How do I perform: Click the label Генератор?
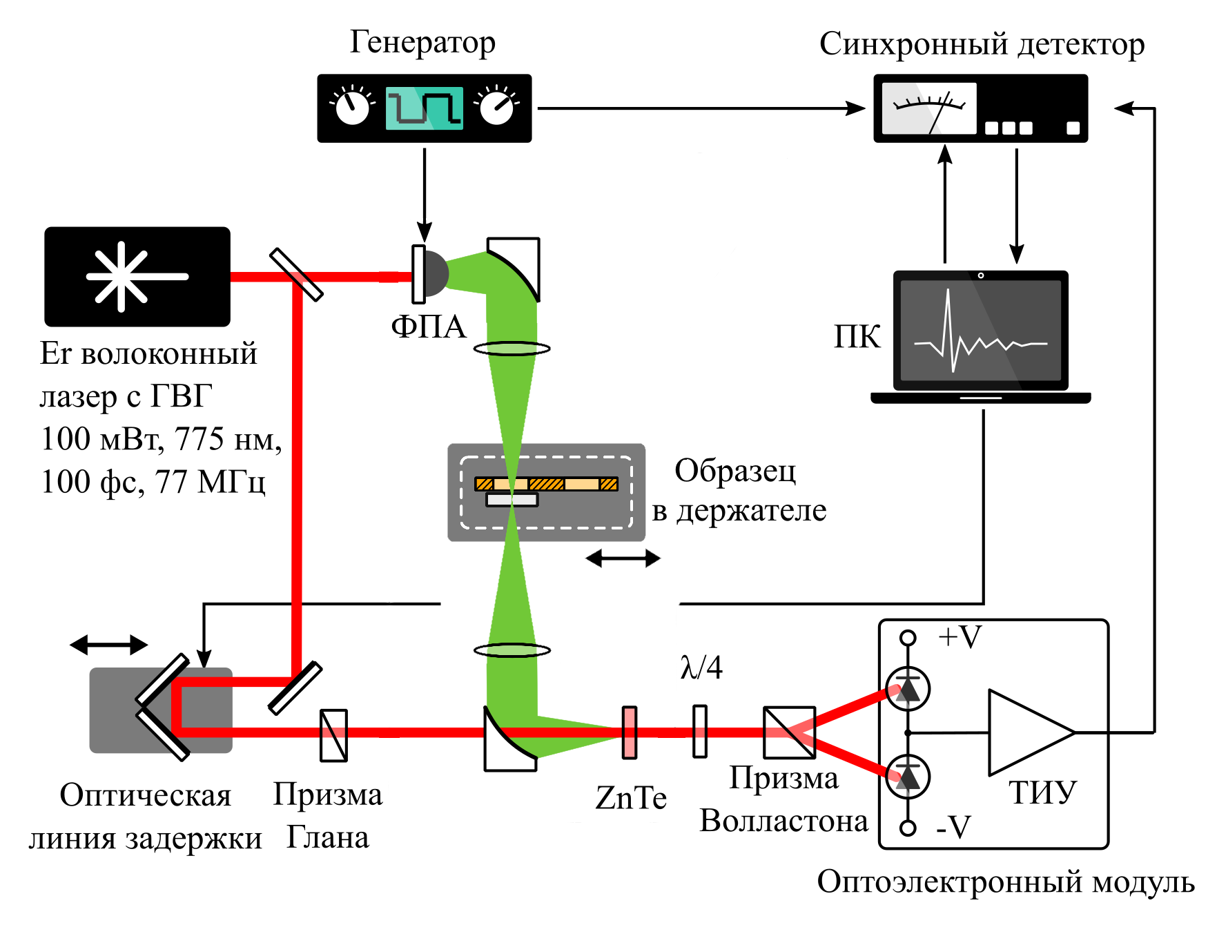pos(422,43)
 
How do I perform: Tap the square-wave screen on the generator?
pos(423,108)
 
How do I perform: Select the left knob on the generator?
pos(352,108)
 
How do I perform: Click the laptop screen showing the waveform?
pos(980,331)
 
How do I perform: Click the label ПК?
pos(857,338)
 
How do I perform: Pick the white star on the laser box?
pos(121,276)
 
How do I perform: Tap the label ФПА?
pos(429,327)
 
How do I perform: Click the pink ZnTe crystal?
pos(629,732)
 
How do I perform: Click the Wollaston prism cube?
pos(789,732)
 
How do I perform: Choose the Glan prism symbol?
pos(333,736)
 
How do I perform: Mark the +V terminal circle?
pos(908,637)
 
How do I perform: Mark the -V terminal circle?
pos(908,828)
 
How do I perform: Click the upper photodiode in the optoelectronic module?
pos(908,689)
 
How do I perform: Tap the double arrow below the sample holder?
pos(623,558)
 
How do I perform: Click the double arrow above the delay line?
pos(109,645)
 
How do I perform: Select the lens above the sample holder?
pos(512,349)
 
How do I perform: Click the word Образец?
pos(735,471)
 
